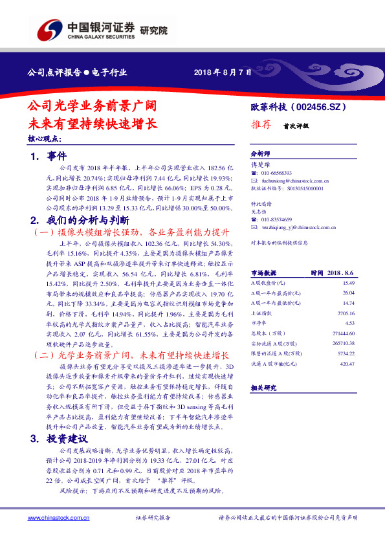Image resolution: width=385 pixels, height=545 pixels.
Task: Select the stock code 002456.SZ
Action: click(324, 107)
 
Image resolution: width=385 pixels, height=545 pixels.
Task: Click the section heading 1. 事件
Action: click(49, 157)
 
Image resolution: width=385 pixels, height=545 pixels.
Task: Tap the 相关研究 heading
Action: click(263, 387)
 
